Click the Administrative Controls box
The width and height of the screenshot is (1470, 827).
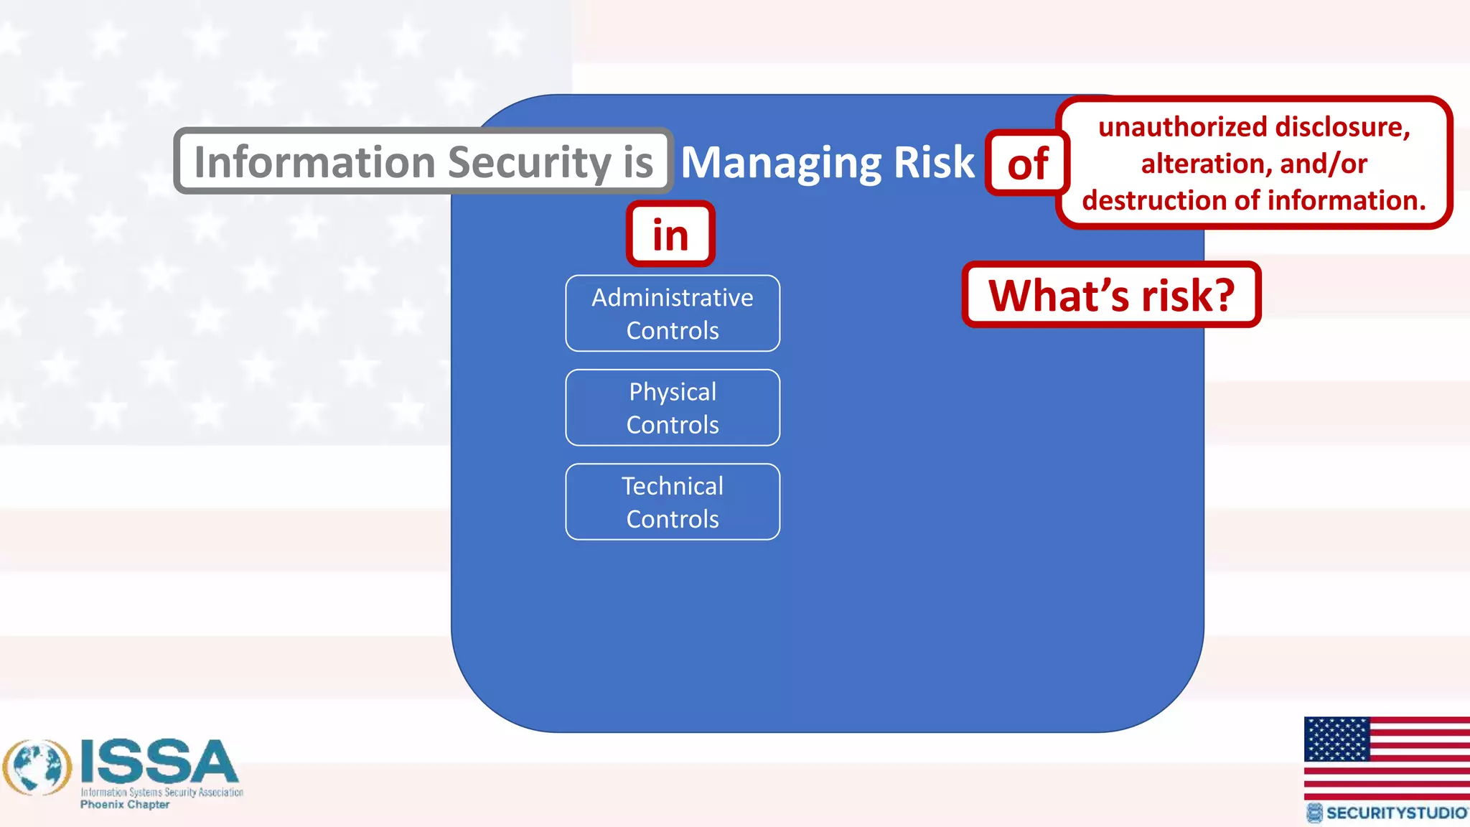point(673,314)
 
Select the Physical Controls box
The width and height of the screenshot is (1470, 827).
point(673,408)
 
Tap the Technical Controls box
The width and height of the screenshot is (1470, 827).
point(673,502)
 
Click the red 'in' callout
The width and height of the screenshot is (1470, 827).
point(670,235)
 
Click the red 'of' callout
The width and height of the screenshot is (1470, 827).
point(1027,164)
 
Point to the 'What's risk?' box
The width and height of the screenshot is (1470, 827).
point(1111,295)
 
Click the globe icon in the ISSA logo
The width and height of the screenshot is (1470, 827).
point(37,767)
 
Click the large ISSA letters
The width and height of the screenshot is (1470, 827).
point(159,762)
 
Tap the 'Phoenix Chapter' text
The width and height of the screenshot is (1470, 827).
point(125,805)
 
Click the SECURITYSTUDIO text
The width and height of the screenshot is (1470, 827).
point(1396,813)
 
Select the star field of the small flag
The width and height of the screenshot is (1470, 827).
point(1336,739)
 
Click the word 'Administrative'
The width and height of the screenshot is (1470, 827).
point(673,297)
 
